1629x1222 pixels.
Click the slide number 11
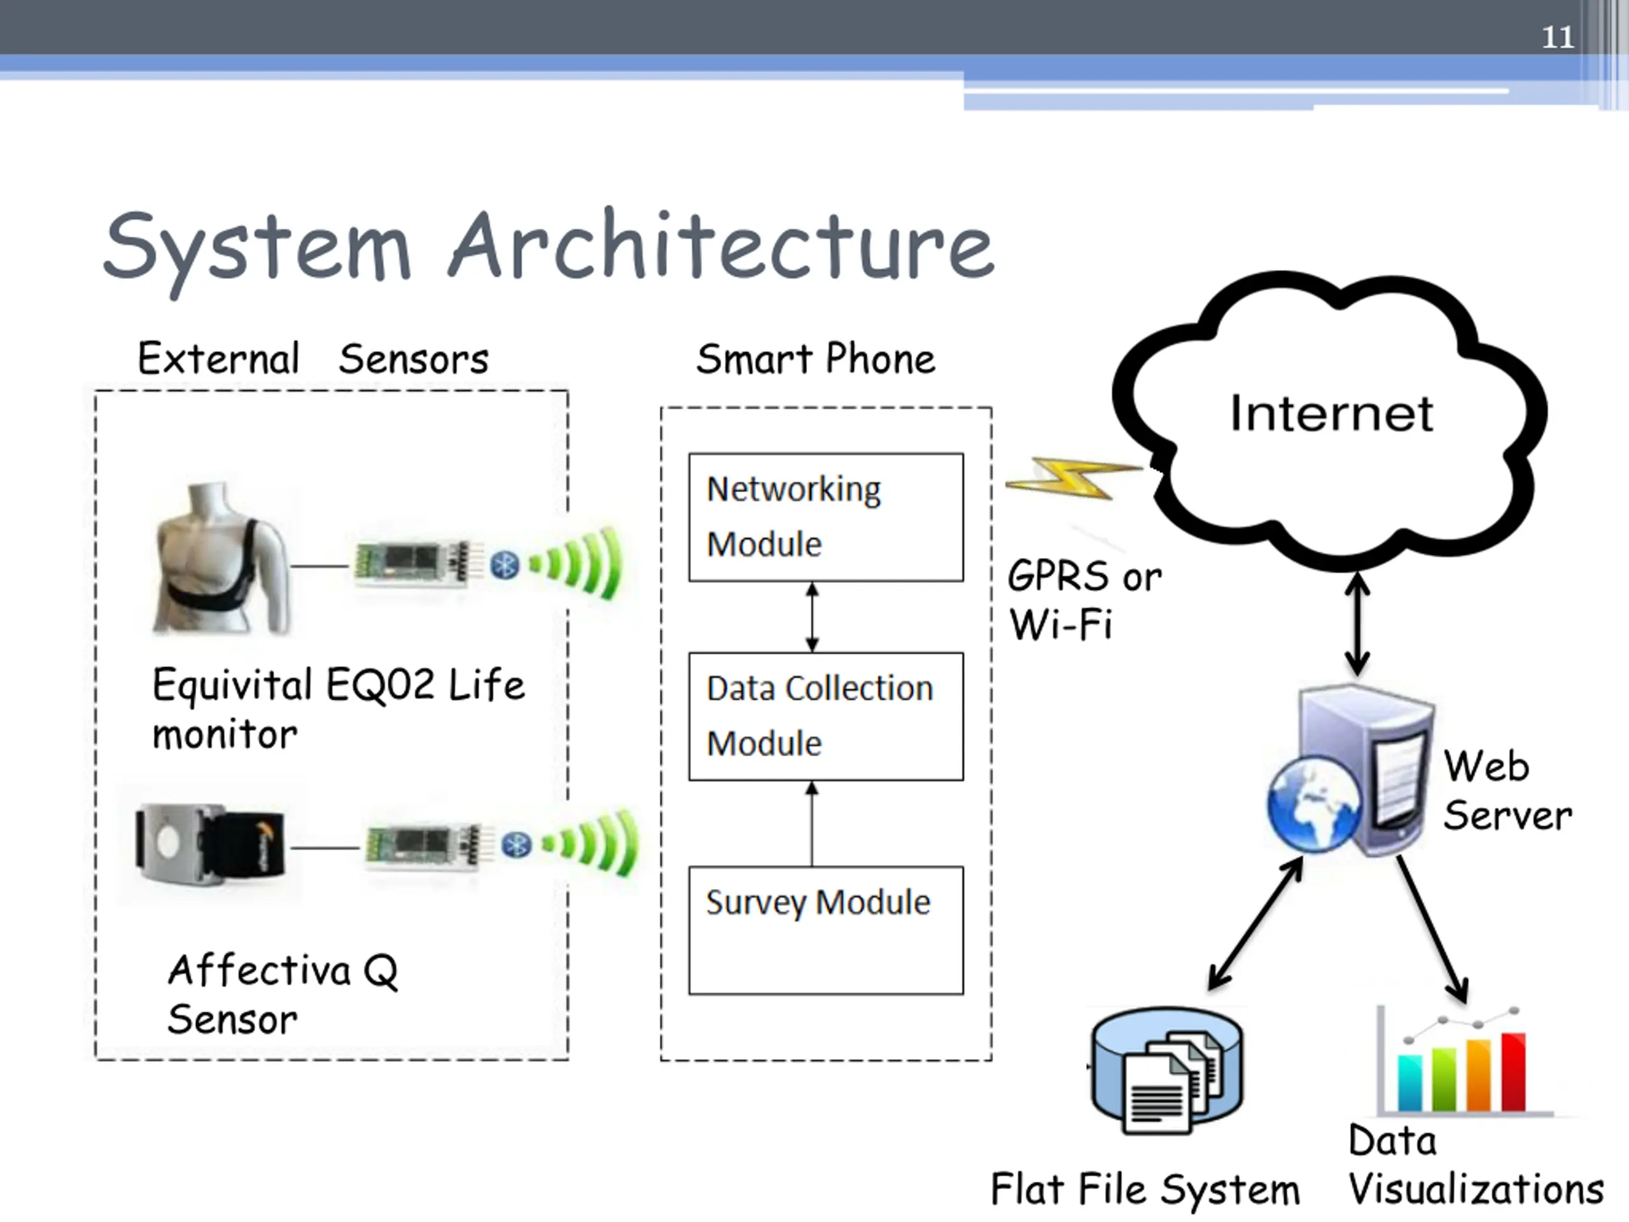[x=1558, y=37]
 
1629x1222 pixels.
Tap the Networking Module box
[x=825, y=517]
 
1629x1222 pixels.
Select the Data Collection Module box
[x=825, y=716]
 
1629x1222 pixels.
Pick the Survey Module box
[x=825, y=931]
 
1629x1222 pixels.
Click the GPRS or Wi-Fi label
[x=1084, y=600]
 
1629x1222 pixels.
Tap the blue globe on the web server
[x=1313, y=804]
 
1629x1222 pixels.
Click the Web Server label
[x=1507, y=790]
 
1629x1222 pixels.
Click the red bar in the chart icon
[x=1513, y=1071]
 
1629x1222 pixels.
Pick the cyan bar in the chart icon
[x=1409, y=1082]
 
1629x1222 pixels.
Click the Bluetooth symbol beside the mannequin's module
[x=505, y=565]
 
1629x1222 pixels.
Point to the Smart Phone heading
[x=815, y=359]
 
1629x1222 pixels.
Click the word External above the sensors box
[x=218, y=359]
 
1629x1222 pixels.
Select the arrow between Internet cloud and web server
[x=1357, y=624]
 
